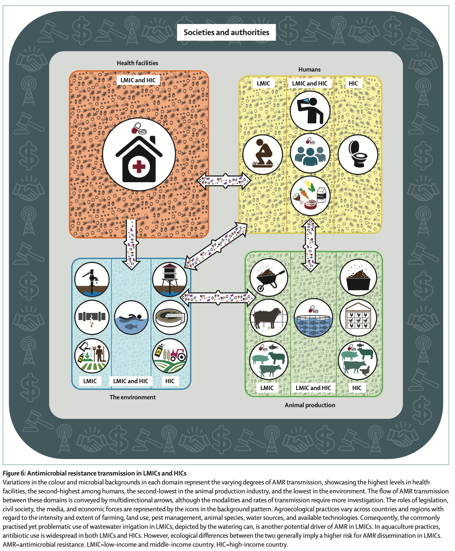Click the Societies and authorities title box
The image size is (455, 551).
tap(226, 32)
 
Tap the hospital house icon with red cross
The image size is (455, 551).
tap(139, 154)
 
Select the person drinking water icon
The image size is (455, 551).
tap(310, 110)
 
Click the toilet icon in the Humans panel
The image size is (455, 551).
tap(358, 154)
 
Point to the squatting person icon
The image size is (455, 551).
tap(263, 154)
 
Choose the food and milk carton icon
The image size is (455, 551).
tap(310, 195)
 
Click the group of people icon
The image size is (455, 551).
tap(310, 152)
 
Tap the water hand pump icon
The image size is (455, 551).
tap(92, 279)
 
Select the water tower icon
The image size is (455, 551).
tap(170, 279)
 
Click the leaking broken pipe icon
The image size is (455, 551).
tap(92, 317)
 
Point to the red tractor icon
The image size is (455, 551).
tap(170, 356)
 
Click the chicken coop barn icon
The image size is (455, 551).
tap(358, 318)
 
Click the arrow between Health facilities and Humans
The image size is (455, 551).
tap(224, 180)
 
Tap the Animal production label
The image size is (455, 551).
tap(310, 405)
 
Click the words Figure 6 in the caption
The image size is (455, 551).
tap(14, 473)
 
